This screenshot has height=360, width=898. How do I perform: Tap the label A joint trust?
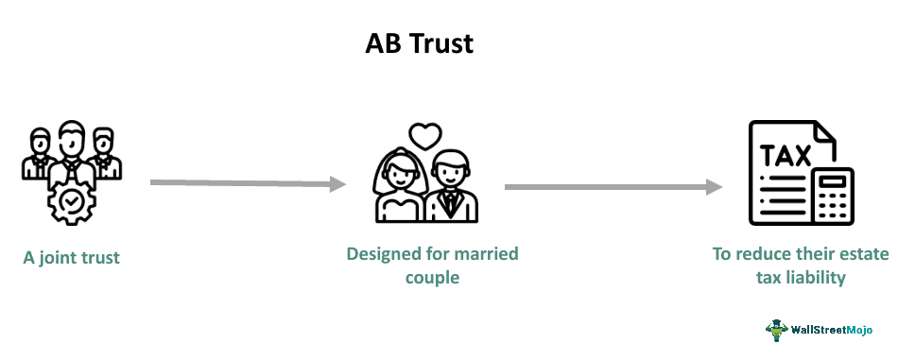click(x=72, y=257)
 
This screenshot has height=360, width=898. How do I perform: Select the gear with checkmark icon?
click(x=67, y=199)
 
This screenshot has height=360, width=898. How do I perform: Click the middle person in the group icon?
click(x=67, y=151)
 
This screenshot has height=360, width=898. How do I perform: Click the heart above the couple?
click(x=425, y=136)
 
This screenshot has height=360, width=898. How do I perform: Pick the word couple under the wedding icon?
click(x=432, y=279)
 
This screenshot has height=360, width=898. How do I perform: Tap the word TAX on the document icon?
click(x=786, y=154)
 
